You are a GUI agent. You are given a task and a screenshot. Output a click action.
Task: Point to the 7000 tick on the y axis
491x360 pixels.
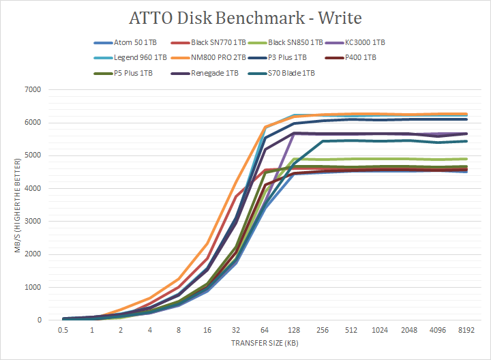pyautogui.click(x=33, y=90)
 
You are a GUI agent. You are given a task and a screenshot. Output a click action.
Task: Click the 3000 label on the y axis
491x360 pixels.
pyautogui.click(x=33, y=222)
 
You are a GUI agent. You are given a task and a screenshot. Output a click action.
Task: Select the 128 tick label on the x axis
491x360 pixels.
pyautogui.click(x=295, y=331)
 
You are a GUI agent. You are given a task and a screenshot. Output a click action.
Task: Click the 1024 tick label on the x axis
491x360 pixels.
pyautogui.click(x=380, y=331)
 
